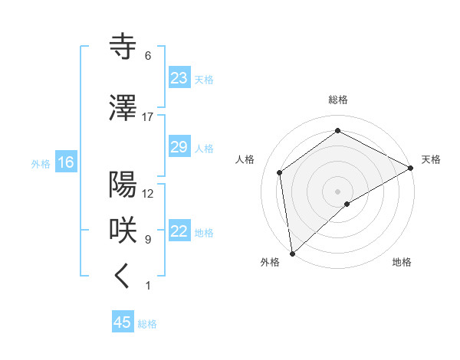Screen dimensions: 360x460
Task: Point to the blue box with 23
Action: coord(179,78)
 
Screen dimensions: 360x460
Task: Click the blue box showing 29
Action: coord(179,147)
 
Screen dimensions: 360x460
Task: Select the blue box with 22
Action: coord(179,232)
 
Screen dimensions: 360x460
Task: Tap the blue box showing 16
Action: coord(65,162)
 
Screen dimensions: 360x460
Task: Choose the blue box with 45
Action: coord(123,322)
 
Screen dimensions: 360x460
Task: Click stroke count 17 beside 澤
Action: coord(148,116)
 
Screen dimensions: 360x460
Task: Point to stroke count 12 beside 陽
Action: coord(148,193)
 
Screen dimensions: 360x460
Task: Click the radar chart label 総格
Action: coord(338,100)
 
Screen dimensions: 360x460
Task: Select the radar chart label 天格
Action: coord(431,159)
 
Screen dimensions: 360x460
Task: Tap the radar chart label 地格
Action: coord(402,262)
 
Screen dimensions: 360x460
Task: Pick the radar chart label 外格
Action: coord(270,262)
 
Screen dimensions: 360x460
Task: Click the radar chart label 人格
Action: coord(245,159)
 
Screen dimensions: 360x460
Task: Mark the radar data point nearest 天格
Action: coord(411,169)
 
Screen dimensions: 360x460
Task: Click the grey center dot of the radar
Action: coord(337,190)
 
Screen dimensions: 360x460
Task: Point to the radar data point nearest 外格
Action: coord(292,253)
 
